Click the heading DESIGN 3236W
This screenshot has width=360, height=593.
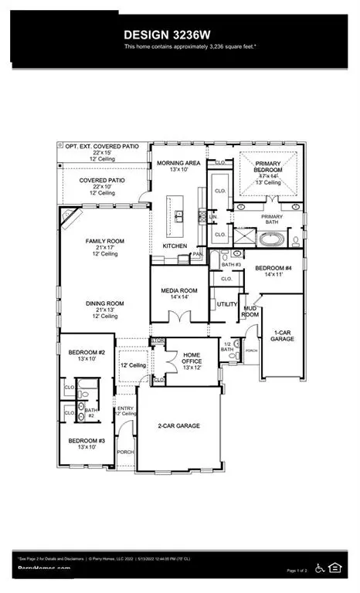180,36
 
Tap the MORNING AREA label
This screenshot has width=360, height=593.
179,164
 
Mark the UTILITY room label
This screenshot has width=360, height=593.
227,305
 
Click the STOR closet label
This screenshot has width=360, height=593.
158,341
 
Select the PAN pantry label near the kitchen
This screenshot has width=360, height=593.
198,252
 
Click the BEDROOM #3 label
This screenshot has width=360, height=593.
81,443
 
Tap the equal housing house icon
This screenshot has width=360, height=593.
336,568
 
